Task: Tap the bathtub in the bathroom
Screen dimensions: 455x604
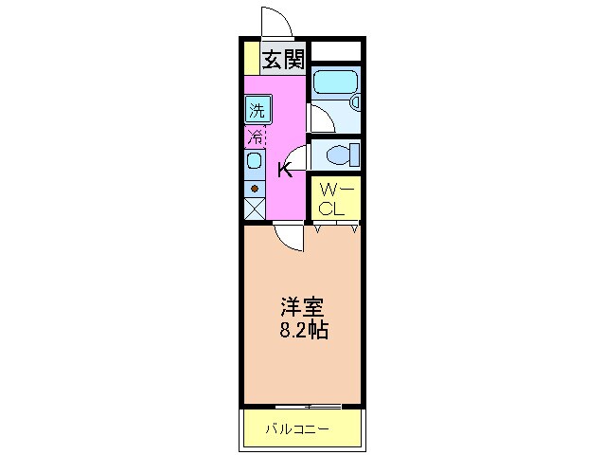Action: (x=335, y=83)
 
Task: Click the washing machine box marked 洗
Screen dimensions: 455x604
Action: (x=257, y=109)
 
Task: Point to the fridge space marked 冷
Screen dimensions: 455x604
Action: (x=256, y=136)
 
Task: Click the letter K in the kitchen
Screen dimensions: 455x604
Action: (x=284, y=170)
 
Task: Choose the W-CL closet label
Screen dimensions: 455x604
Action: (x=336, y=198)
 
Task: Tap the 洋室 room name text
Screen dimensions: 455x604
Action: (x=302, y=308)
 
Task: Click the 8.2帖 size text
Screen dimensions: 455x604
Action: (x=302, y=332)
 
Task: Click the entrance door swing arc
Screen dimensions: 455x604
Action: (x=275, y=19)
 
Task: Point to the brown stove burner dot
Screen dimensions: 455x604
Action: (x=255, y=187)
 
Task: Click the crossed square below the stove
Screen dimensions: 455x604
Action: (x=255, y=209)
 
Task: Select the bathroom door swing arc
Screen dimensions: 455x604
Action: (x=321, y=118)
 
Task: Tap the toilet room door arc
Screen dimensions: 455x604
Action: (x=297, y=157)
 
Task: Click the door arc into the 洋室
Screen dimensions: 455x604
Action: (x=290, y=237)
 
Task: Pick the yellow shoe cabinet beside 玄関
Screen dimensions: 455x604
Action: (x=249, y=58)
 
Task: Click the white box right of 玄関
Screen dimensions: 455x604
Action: (x=336, y=51)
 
